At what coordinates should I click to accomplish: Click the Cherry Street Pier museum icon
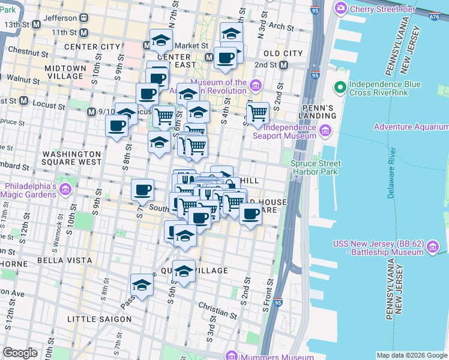coord(342,8)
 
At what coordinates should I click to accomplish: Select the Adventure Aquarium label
coord(411,127)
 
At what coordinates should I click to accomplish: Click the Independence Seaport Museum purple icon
coord(325,131)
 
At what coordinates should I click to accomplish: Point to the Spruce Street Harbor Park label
coord(316,167)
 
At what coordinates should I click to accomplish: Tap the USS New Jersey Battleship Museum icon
coord(434,247)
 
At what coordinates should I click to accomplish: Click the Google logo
coord(20,352)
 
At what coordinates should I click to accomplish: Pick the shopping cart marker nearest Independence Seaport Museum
coord(258,112)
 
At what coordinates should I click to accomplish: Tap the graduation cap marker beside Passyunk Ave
coord(142,285)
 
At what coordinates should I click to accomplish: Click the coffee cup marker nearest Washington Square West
coord(117,125)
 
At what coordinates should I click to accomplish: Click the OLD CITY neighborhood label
coord(283,53)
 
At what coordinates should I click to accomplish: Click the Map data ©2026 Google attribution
coord(411,355)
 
